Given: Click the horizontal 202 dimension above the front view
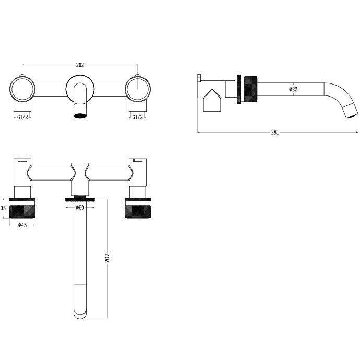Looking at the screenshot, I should pyautogui.click(x=80, y=65).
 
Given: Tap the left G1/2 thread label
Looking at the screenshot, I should pyautogui.click(x=22, y=118).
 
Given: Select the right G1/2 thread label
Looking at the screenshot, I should pyautogui.click(x=138, y=118).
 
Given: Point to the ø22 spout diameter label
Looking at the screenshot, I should pyautogui.click(x=293, y=89).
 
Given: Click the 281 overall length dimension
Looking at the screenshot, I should pyautogui.click(x=275, y=132).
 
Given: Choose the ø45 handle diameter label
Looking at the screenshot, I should pyautogui.click(x=22, y=225).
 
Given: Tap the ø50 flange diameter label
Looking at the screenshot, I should pyautogui.click(x=80, y=208).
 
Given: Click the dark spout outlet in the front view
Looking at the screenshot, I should pyautogui.click(x=80, y=114).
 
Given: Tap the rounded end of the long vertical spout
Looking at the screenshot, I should pyautogui.click(x=80, y=312).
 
